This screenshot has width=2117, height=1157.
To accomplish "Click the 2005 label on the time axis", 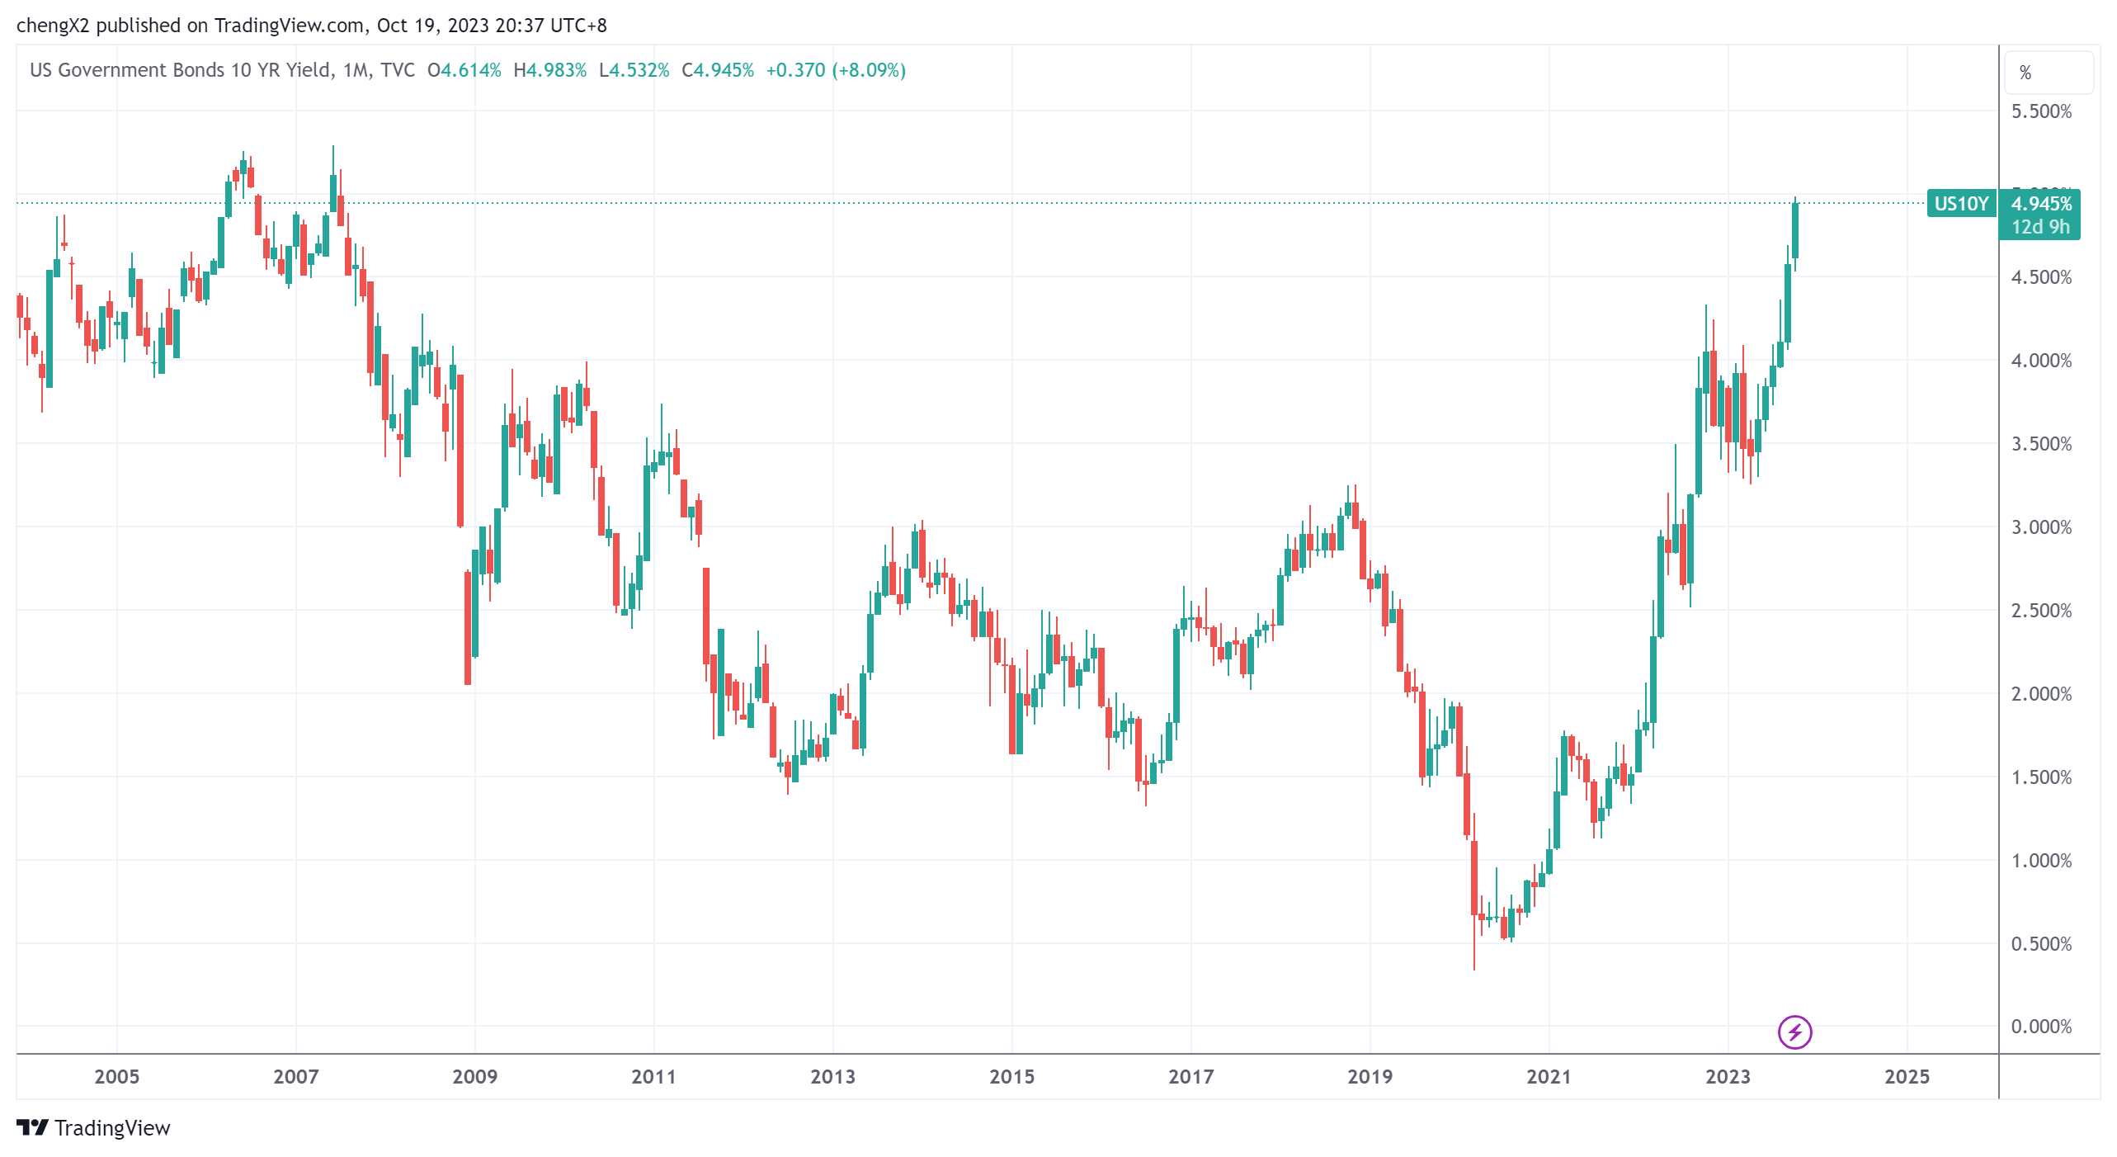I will click(x=116, y=1076).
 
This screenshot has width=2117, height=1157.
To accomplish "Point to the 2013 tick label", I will click(x=832, y=1076).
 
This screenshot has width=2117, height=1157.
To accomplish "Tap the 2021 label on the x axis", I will click(x=1549, y=1076).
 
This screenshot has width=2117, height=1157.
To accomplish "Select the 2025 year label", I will click(x=1907, y=1076).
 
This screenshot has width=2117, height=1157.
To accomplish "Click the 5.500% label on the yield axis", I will click(x=2041, y=111).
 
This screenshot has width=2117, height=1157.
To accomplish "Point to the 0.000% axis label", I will click(x=2041, y=1027).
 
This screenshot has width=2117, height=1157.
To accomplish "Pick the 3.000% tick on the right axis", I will click(x=2041, y=527).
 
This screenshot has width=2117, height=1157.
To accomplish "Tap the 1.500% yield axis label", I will click(x=2041, y=777).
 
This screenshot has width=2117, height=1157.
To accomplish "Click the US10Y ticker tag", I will click(x=1961, y=204).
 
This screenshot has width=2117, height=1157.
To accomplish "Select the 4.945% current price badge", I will click(x=2041, y=203).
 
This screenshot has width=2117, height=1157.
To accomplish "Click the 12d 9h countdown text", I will click(x=2040, y=227).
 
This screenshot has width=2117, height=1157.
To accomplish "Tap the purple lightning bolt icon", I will click(x=1794, y=1032).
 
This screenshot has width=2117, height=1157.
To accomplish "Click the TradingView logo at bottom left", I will click(x=93, y=1128).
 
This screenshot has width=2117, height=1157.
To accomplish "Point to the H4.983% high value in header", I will click(x=549, y=70).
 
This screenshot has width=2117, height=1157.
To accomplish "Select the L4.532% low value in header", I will click(x=634, y=70).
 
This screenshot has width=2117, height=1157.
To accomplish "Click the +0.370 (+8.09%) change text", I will click(x=835, y=70).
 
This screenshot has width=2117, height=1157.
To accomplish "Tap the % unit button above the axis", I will click(x=2025, y=73).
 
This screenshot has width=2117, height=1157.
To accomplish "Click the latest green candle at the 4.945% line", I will click(x=1795, y=231).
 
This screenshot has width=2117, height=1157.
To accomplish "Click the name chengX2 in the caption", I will click(x=52, y=26).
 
